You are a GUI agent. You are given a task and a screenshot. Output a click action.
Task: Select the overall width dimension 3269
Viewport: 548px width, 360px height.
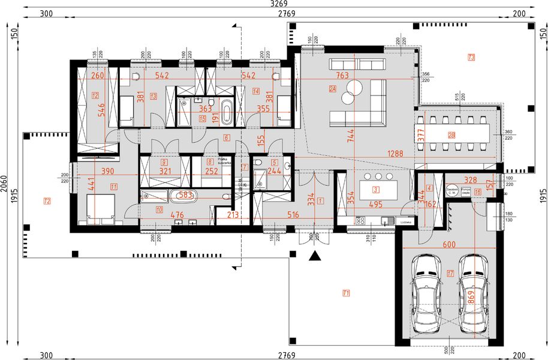275,5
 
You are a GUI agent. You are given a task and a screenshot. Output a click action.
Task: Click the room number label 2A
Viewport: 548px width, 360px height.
332,89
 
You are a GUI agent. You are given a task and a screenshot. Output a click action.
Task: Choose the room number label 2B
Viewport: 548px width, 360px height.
451,136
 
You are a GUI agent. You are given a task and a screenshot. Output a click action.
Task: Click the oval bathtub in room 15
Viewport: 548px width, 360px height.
227,113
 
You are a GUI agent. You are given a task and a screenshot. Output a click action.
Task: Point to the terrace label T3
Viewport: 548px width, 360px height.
471,58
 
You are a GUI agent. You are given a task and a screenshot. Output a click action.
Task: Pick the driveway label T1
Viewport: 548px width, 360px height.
345,293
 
